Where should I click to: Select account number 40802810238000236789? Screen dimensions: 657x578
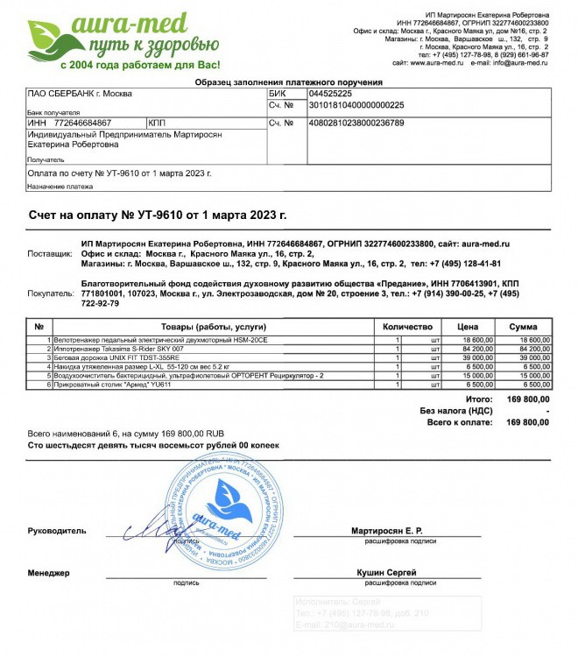click(x=356, y=124)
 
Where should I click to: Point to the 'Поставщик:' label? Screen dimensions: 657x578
click(x=51, y=253)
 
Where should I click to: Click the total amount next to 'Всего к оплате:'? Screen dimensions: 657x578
click(x=528, y=422)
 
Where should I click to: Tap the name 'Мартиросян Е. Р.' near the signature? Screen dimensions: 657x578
click(x=386, y=532)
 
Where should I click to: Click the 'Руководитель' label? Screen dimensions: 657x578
click(x=57, y=532)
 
